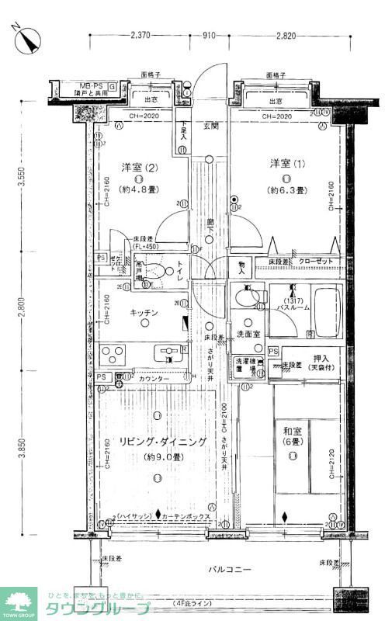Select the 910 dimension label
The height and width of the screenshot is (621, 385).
pyautogui.click(x=209, y=36)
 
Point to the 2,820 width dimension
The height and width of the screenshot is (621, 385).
pyautogui.click(x=285, y=36)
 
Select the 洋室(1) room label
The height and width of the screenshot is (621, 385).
pyautogui.click(x=284, y=164)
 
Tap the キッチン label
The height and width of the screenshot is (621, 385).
pyautogui.click(x=144, y=312)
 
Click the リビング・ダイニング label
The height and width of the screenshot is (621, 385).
pyautogui.click(x=162, y=442)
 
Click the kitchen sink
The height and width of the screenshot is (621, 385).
pyautogui.click(x=171, y=354)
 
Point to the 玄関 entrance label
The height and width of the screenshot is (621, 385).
pyautogui.click(x=210, y=126)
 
